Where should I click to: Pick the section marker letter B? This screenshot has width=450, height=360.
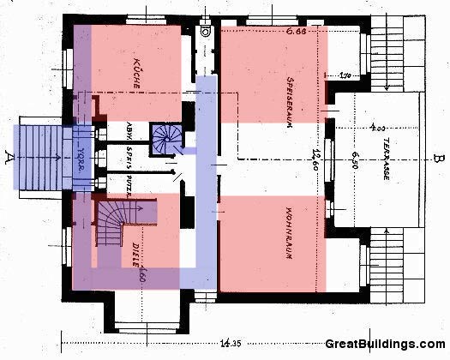[437, 158]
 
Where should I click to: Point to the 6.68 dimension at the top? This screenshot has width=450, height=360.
[297, 32]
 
